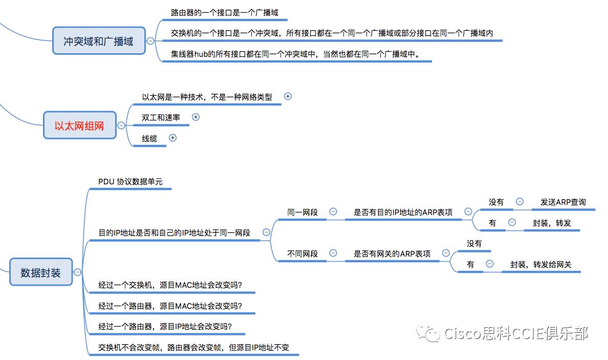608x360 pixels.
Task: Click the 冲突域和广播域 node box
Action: click(99, 41)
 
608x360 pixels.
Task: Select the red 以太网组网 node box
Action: click(79, 125)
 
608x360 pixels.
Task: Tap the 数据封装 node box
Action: click(41, 272)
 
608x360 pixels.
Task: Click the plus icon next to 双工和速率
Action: click(196, 117)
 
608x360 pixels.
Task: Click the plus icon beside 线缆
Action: click(172, 138)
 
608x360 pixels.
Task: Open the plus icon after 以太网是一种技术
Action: click(288, 96)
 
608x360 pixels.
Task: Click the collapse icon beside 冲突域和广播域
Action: click(150, 41)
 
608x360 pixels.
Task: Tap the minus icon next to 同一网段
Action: click(333, 211)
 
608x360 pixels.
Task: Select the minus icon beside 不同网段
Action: click(333, 253)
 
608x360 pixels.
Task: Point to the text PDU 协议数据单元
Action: click(131, 182)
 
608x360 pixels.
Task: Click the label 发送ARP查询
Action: click(563, 202)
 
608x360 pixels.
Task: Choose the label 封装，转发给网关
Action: click(541, 265)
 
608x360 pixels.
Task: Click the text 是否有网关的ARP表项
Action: click(392, 253)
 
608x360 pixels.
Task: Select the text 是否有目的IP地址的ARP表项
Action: click(403, 212)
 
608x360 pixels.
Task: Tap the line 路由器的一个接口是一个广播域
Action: click(225, 13)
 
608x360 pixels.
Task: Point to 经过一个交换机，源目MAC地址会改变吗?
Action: click(170, 285)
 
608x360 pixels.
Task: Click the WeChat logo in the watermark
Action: click(428, 333)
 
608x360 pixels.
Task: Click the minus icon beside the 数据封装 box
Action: click(78, 272)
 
